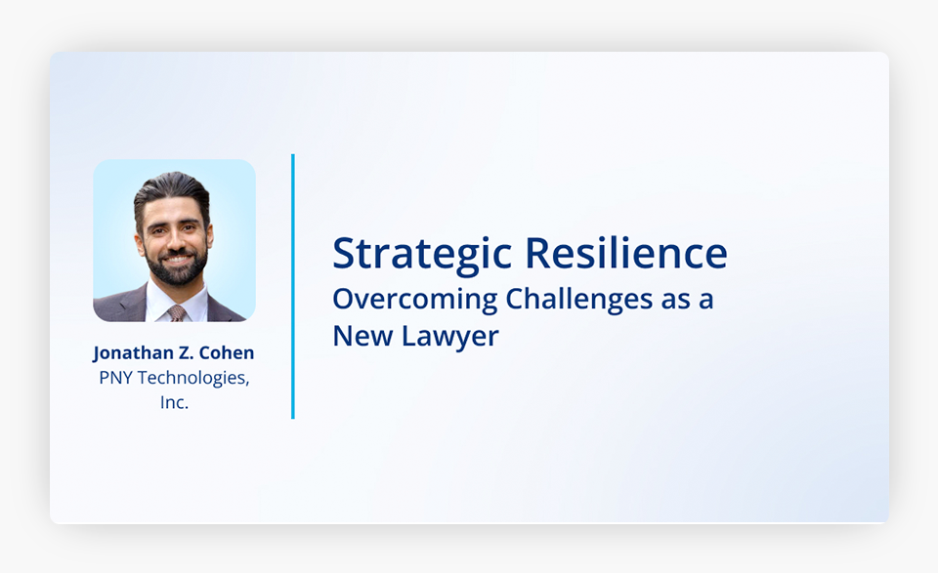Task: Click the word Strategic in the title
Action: pyautogui.click(x=422, y=255)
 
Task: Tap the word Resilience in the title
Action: pyautogui.click(x=625, y=253)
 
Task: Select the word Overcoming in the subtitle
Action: pyautogui.click(x=414, y=300)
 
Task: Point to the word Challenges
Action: pyautogui.click(x=579, y=300)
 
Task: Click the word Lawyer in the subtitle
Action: pyautogui.click(x=449, y=337)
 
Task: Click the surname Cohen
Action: pyautogui.click(x=226, y=352)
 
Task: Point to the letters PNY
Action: pyautogui.click(x=115, y=378)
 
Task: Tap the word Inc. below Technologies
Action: pyautogui.click(x=174, y=403)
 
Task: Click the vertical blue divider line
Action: pyautogui.click(x=293, y=286)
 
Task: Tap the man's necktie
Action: pyautogui.click(x=177, y=313)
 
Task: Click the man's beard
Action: pyautogui.click(x=177, y=267)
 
